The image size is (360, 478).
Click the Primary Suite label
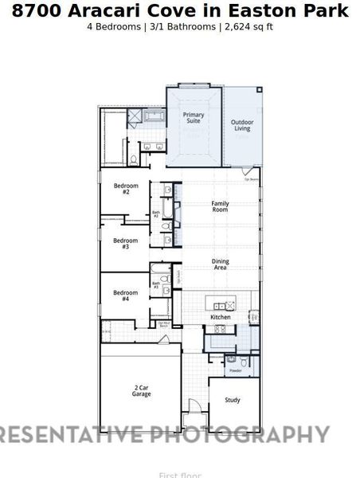[x=193, y=119]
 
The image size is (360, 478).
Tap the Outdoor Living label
[x=241, y=125]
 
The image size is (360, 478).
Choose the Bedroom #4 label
[x=126, y=296]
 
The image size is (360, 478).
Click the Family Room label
[x=220, y=206]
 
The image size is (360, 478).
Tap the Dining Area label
[x=220, y=264]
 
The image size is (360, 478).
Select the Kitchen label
[x=221, y=317]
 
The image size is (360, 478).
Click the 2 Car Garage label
[x=141, y=391]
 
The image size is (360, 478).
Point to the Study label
[x=232, y=400]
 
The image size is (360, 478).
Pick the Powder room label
[x=236, y=370]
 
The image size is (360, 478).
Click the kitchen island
[x=222, y=305]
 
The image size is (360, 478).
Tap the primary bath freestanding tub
[x=155, y=116]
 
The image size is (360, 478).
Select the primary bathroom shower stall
[x=133, y=117]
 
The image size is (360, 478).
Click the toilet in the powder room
[x=231, y=359]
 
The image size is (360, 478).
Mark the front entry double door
[x=192, y=419]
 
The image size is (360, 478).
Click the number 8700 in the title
[x=33, y=11]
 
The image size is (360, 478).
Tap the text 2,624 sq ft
[x=248, y=26]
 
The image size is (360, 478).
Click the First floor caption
[x=179, y=475]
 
